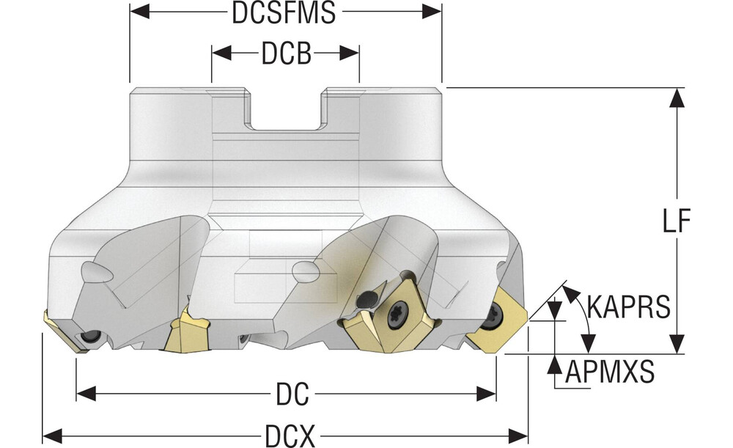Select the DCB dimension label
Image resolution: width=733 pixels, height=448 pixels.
point(285,54)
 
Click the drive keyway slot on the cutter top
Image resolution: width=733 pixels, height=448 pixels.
point(287,110)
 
